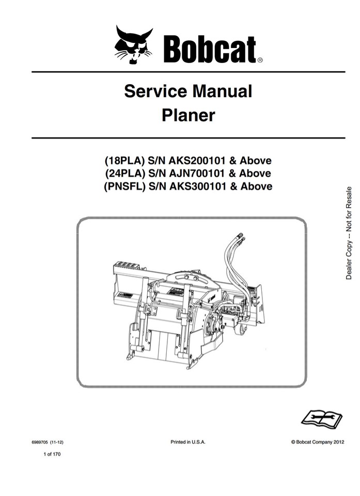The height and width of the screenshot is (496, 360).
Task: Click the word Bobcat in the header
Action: pyautogui.click(x=209, y=49)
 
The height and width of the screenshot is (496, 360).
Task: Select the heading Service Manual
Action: pyautogui.click(x=188, y=91)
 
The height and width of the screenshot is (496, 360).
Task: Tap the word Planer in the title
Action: pyautogui.click(x=188, y=115)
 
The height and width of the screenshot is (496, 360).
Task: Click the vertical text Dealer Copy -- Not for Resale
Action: pyautogui.click(x=349, y=233)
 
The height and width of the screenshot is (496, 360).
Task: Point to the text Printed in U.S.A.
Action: pyautogui.click(x=188, y=442)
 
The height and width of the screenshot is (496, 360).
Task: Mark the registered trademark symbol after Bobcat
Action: pyautogui.click(x=259, y=60)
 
